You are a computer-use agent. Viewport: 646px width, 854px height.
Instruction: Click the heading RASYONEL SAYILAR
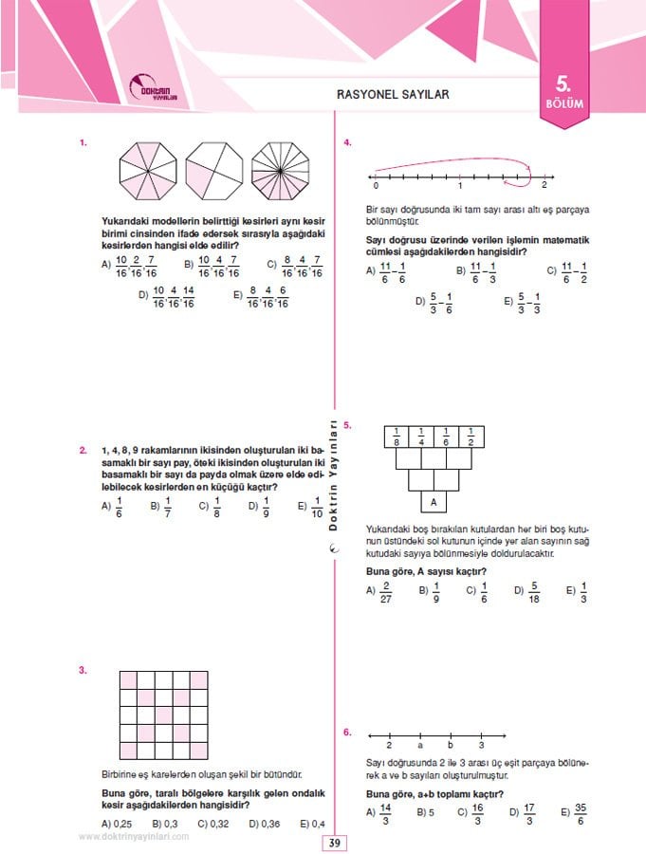point(392,94)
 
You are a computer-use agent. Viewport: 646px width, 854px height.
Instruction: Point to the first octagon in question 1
point(147,172)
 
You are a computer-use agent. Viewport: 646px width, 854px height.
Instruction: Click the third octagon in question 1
point(280,172)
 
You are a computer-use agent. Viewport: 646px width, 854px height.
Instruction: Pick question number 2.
point(83,450)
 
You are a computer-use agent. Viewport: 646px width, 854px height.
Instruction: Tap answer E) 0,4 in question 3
point(313,823)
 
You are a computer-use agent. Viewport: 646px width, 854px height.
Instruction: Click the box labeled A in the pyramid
point(434,502)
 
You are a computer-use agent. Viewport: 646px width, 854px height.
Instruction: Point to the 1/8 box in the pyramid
point(396,436)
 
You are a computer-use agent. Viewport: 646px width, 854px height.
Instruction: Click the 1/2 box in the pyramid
point(471,436)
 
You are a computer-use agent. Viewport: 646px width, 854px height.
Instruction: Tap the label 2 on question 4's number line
point(544,186)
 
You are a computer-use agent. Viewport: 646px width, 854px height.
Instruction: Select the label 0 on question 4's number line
point(376,186)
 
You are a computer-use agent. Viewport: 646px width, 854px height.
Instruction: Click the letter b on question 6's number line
point(451,746)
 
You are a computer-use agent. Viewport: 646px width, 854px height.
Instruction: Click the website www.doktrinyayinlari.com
point(134,836)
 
